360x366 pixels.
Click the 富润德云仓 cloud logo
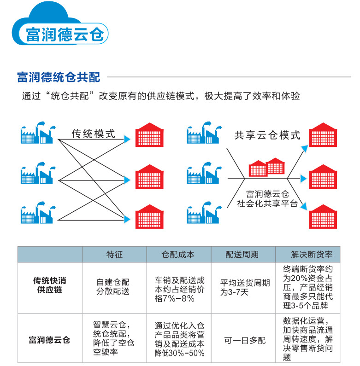(60, 30)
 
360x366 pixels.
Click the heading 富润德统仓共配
(58, 77)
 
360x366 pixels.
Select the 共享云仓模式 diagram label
(267, 135)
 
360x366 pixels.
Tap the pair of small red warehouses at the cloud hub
(266, 168)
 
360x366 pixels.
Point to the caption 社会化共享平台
(267, 203)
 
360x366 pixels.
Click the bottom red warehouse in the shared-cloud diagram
(325, 215)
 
